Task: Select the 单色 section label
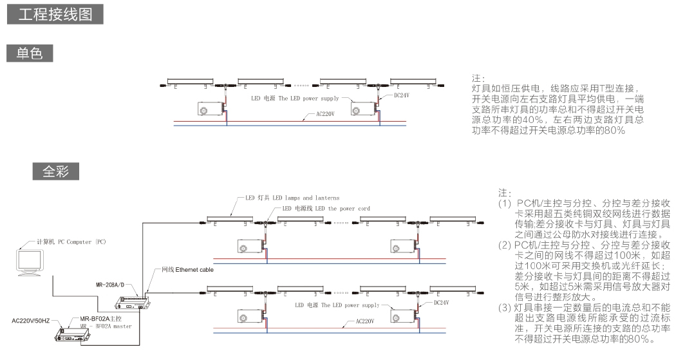pos(30,53)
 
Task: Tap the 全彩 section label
pos(57,171)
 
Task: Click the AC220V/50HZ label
pos(34,319)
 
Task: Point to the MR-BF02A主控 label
pos(107,319)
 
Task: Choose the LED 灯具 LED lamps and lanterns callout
pos(292,198)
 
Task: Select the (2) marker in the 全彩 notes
pos(505,245)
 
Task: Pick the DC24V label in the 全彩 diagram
pos(441,301)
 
